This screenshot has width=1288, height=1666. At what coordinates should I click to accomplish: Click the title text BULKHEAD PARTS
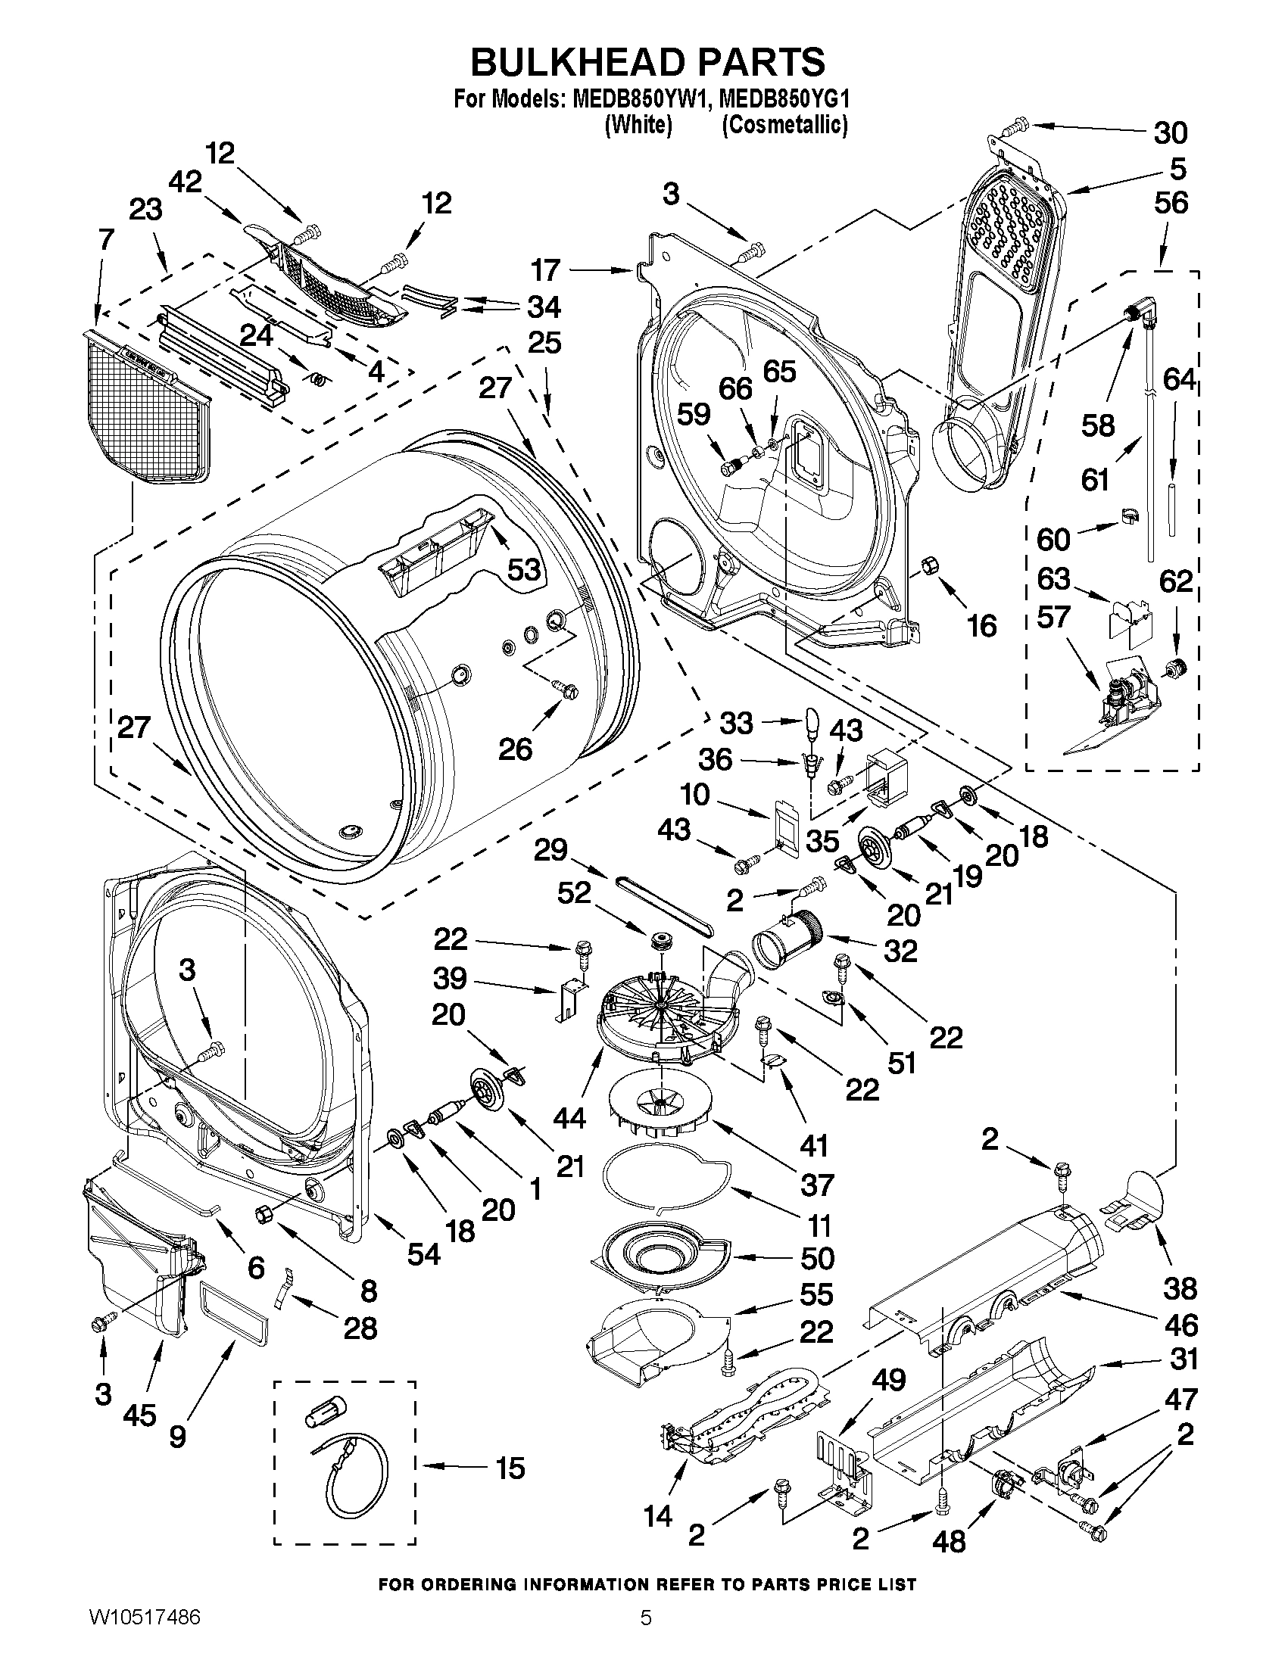pos(647,61)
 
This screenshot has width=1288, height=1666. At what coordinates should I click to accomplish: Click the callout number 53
pos(524,569)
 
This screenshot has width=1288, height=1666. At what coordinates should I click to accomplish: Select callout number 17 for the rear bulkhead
pos(547,270)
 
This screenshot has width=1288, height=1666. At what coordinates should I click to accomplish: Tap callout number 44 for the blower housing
pos(569,1117)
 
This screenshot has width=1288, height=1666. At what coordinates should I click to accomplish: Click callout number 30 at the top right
pos(1170,132)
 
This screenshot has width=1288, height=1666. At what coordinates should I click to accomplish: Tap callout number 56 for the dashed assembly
pos(1171,203)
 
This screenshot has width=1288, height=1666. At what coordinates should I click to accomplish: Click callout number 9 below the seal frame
pos(177,1437)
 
